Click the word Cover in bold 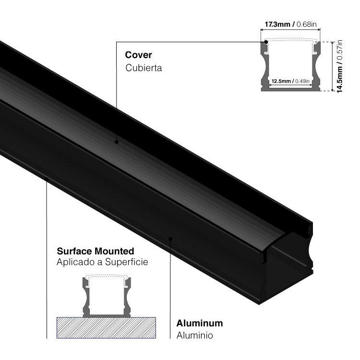pos(139,55)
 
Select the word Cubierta pos(144,68)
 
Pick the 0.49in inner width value pos(302,81)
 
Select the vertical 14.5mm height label pos(339,76)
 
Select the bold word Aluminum pos(199,323)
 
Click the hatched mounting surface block pos(107,328)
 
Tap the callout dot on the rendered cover pos(116,142)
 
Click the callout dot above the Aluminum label pos(170,237)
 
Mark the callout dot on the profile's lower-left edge pos(47,179)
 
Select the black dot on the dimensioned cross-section pos(266,42)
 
